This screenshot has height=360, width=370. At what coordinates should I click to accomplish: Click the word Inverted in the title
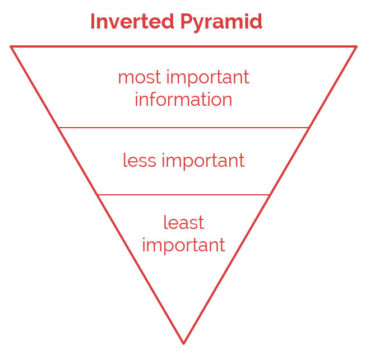(x=132, y=21)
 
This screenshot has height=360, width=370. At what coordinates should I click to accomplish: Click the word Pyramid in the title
(x=221, y=22)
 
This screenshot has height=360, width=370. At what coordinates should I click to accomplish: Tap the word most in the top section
(x=140, y=77)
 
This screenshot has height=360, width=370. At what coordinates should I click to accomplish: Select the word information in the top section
(x=183, y=99)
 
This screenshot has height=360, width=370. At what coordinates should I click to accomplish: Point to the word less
(x=140, y=160)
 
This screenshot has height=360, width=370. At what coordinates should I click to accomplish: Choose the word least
(x=184, y=222)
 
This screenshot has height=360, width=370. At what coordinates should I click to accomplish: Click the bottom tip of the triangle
(x=183, y=344)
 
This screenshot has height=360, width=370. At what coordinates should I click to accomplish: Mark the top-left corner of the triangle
(x=11, y=46)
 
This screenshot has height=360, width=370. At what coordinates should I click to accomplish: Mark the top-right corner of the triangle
(x=357, y=46)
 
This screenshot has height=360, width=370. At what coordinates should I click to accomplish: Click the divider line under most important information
(x=183, y=128)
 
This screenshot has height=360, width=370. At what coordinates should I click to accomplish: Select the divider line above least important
(x=183, y=195)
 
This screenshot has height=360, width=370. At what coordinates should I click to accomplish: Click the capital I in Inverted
(x=92, y=21)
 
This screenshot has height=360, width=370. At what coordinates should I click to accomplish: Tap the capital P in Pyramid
(x=187, y=21)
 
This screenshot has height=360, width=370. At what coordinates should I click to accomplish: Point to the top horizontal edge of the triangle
(x=183, y=46)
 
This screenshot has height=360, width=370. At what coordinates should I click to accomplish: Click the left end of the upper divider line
(x=59, y=128)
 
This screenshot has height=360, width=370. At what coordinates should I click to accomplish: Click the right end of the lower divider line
(x=270, y=195)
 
